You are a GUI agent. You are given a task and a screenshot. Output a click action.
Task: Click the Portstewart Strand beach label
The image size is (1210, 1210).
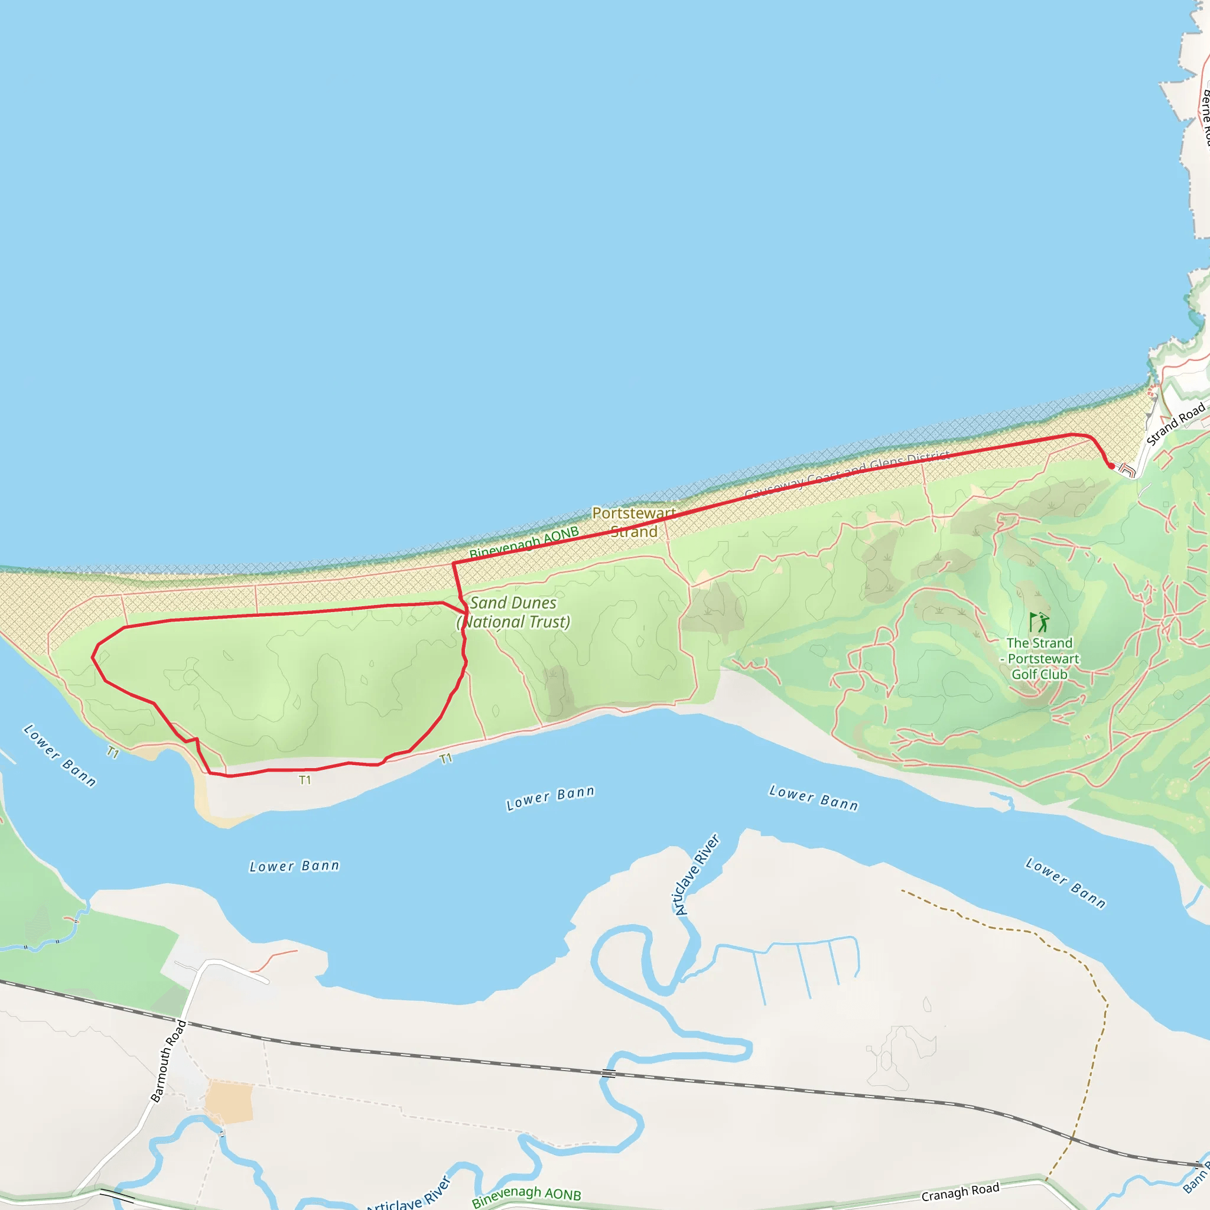tap(633, 522)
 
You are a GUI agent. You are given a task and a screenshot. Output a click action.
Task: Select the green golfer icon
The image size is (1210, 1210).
tap(1039, 623)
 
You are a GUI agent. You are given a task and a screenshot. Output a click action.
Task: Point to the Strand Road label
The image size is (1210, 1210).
tap(1175, 425)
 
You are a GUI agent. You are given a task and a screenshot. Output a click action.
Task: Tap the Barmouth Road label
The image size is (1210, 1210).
tap(168, 1061)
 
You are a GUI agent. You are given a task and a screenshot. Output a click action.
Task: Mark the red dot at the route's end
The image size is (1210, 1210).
tap(1111, 466)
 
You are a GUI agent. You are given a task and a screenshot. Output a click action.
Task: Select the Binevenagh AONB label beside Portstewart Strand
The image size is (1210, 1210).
tap(524, 543)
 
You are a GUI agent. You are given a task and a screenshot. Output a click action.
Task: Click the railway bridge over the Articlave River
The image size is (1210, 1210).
tap(608, 1074)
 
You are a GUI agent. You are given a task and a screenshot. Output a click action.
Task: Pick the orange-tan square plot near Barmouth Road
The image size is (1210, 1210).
tap(230, 1102)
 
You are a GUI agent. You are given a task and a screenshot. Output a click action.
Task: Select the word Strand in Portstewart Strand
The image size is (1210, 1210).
tap(634, 532)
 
